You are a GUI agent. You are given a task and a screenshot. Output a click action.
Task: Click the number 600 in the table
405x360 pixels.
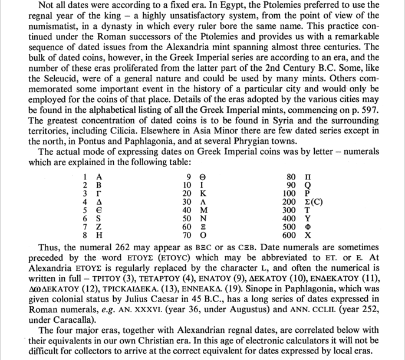[x=289, y=235]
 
